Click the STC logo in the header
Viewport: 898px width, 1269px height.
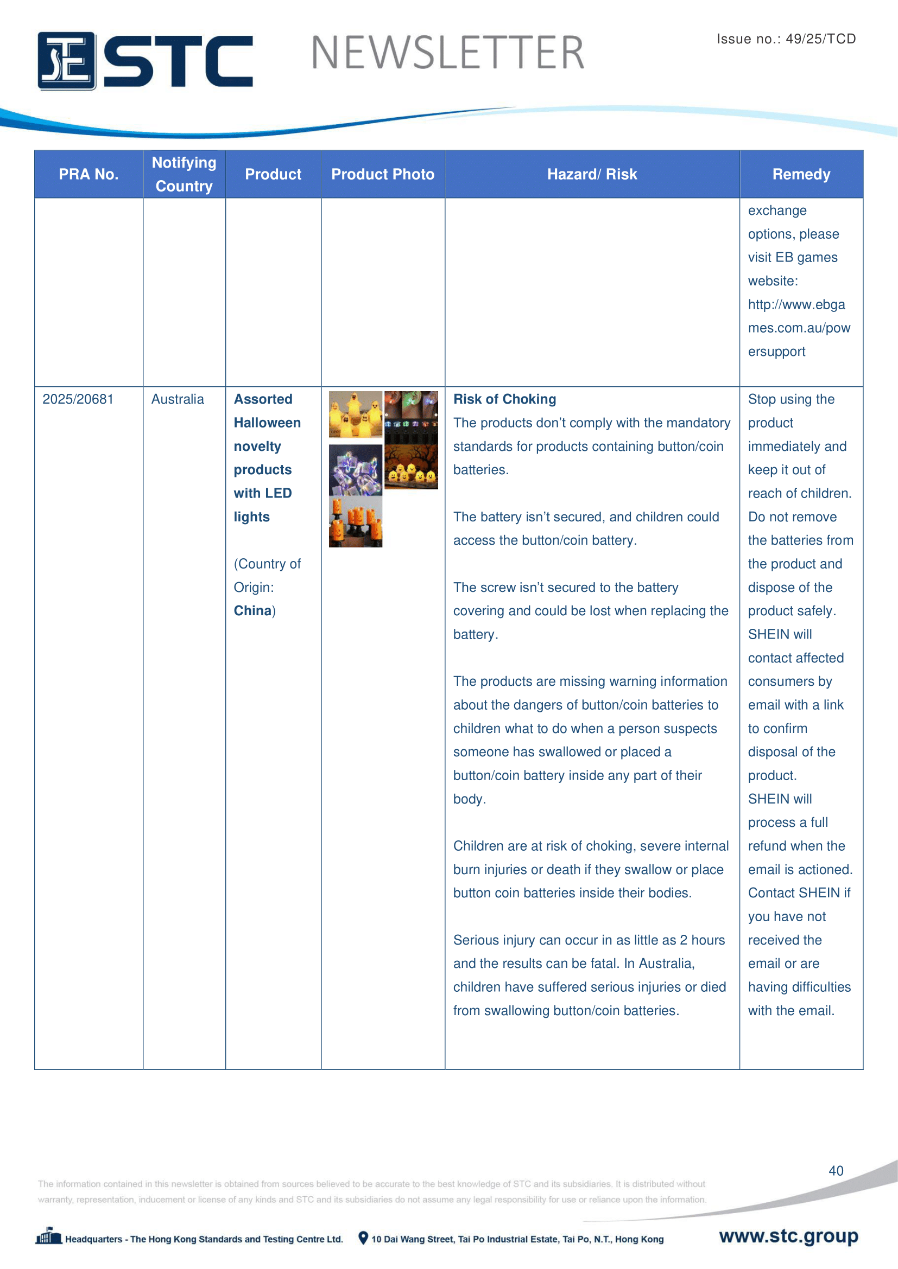[145, 60]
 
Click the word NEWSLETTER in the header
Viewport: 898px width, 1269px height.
[447, 53]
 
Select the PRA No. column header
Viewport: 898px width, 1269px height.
[88, 174]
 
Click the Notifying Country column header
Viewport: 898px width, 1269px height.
[184, 174]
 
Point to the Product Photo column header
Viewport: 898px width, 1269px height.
[383, 174]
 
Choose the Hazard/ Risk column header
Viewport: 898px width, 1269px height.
[592, 174]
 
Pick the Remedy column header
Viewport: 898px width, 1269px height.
[801, 174]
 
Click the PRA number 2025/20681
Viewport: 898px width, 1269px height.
[78, 399]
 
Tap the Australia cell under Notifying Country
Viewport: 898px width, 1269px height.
[178, 399]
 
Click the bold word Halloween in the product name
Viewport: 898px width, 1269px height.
[267, 423]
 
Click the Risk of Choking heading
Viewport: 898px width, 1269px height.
[504, 399]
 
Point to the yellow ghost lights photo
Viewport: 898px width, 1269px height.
[355, 415]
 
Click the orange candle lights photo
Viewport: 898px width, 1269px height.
[355, 522]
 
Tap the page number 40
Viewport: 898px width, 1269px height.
[836, 1171]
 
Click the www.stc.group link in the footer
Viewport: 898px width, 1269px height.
[788, 1236]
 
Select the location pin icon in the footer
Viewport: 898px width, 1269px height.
[363, 1238]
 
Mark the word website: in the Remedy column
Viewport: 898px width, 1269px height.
[773, 281]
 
